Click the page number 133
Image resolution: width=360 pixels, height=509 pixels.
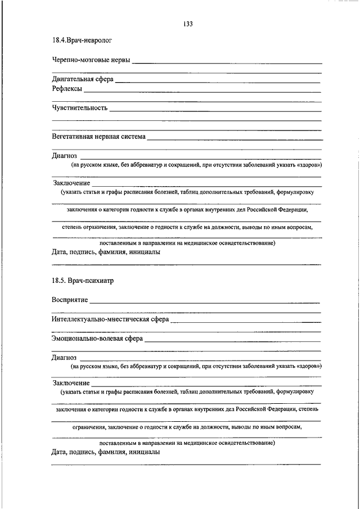tap(188, 24)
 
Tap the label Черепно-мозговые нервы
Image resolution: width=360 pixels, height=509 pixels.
tap(92, 60)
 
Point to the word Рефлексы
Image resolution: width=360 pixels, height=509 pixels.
tap(67, 89)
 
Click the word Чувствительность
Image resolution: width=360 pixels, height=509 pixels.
tap(80, 107)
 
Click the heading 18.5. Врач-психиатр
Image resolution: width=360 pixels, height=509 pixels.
tap(83, 280)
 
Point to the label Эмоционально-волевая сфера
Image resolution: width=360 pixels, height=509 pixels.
tap(97, 339)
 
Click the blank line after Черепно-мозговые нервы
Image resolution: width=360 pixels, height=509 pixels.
tap(227, 63)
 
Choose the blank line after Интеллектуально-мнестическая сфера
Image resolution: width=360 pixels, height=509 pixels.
tap(246, 322)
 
